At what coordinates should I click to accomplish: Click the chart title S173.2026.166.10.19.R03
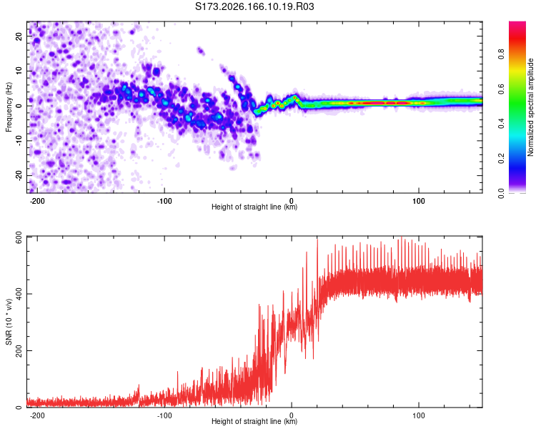(x=254, y=6)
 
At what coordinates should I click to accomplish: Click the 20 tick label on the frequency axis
(x=19, y=36)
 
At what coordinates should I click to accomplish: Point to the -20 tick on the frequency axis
(x=19, y=175)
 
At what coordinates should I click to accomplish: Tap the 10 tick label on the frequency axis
(x=19, y=71)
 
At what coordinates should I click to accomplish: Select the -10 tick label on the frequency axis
(x=19, y=141)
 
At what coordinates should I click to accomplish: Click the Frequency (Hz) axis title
(x=9, y=107)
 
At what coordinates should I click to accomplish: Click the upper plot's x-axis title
(x=254, y=207)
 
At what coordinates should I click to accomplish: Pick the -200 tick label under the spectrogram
(x=37, y=201)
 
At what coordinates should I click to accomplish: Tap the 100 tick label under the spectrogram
(x=418, y=201)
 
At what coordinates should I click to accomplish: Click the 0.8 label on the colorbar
(x=501, y=54)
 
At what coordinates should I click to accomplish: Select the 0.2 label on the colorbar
(x=501, y=159)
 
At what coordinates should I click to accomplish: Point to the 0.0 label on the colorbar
(x=501, y=193)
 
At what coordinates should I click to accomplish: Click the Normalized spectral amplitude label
(x=530, y=107)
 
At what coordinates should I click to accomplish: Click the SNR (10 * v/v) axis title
(x=9, y=322)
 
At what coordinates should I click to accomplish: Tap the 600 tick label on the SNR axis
(x=19, y=237)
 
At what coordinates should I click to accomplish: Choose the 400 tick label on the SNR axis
(x=19, y=294)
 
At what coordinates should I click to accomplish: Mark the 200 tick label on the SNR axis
(x=19, y=350)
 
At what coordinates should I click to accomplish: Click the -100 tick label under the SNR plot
(x=164, y=415)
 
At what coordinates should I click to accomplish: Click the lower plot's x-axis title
(x=254, y=421)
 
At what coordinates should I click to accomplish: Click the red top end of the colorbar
(x=517, y=24)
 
